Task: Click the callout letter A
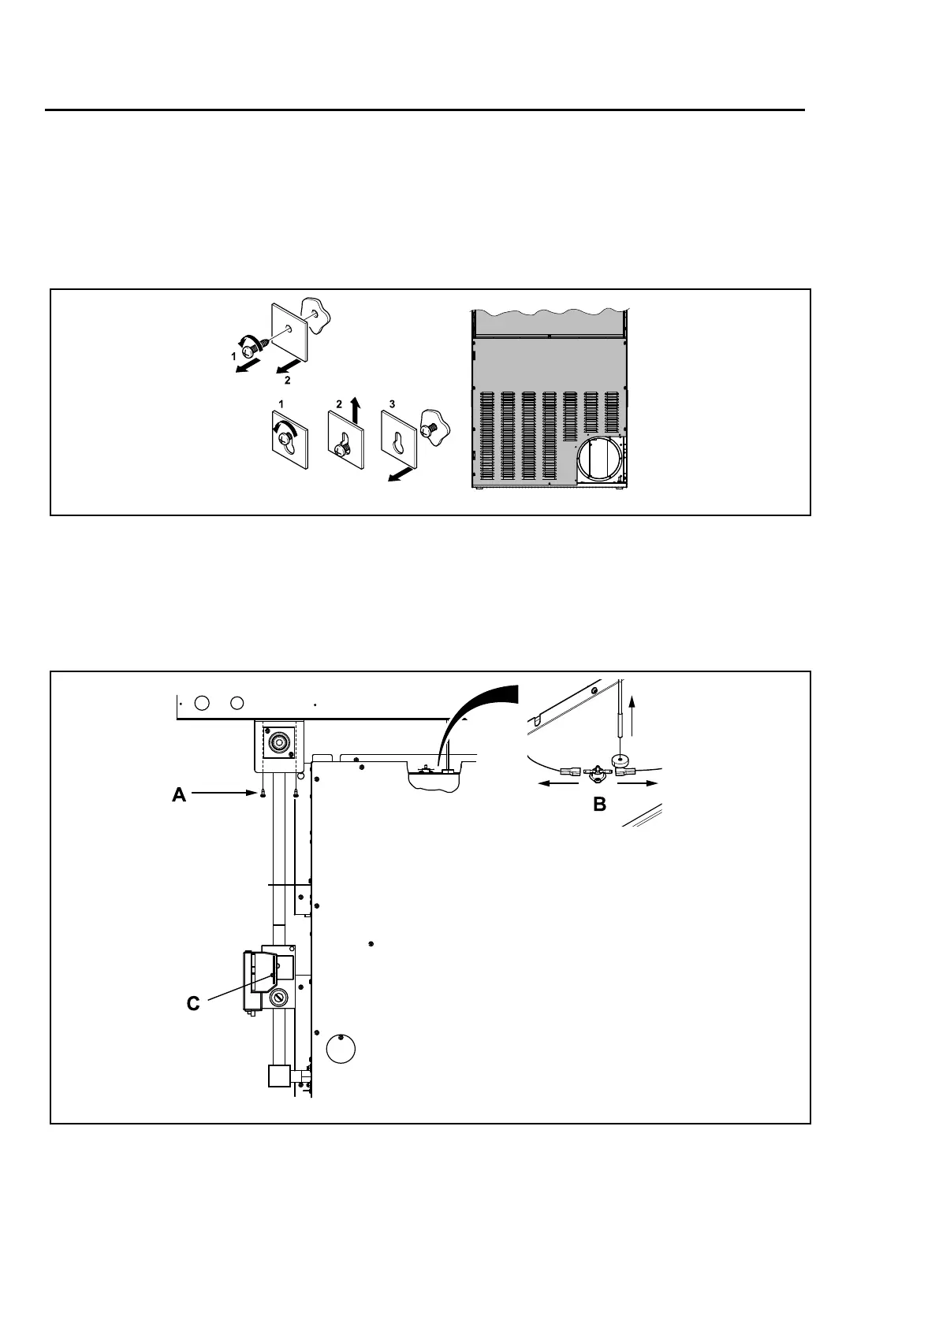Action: (180, 795)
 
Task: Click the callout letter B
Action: (599, 805)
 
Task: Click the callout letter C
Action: (193, 1004)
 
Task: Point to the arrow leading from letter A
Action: (225, 794)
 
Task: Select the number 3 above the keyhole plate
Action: (392, 404)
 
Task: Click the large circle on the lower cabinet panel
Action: (340, 1048)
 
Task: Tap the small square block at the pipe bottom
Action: (279, 1076)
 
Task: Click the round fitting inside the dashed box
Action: (278, 742)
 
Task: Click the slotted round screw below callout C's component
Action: (278, 998)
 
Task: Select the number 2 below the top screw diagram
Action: (287, 380)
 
